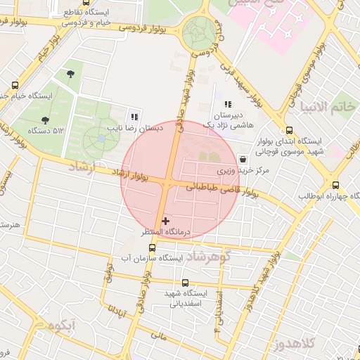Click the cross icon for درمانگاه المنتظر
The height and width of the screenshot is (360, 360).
point(166,221)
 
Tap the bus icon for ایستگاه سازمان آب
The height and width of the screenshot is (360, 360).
point(153,248)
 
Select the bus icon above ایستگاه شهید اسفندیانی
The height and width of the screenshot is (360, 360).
point(185,283)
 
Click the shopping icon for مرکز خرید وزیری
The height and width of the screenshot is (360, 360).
point(243,160)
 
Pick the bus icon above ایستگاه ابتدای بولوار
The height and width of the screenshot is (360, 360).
point(289,130)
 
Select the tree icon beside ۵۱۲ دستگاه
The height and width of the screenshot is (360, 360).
point(46,120)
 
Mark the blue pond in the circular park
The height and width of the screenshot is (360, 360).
point(103,139)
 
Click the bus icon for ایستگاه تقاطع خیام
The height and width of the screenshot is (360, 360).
point(86,3)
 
